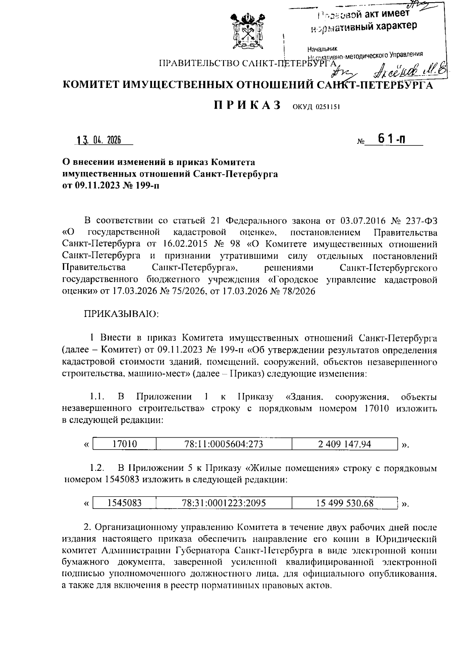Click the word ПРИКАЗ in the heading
click(x=247, y=106)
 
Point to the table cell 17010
click(x=124, y=444)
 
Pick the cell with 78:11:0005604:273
click(x=224, y=444)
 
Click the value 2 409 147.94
click(x=345, y=444)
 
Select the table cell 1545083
click(x=124, y=503)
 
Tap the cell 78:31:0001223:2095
click(x=224, y=503)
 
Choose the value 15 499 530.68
click(x=345, y=503)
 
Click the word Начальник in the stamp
click(x=323, y=49)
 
